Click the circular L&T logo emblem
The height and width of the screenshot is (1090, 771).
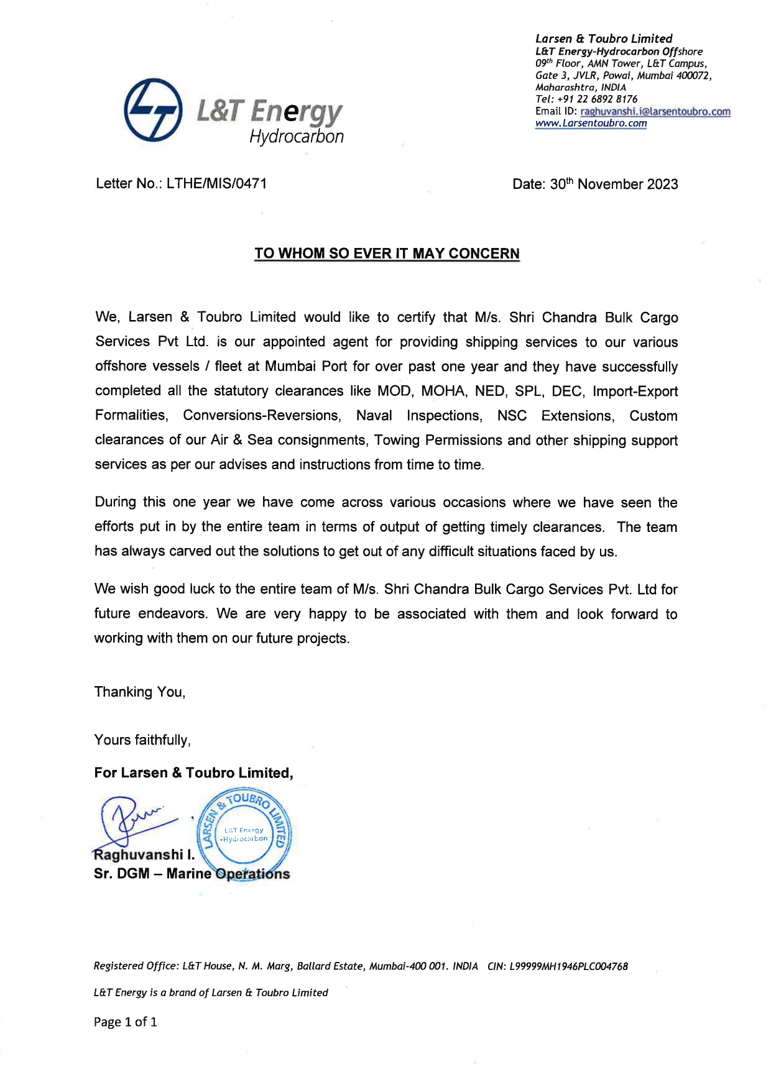153,110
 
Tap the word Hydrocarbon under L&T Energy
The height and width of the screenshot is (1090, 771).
297,137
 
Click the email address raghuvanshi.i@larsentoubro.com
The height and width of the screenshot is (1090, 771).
655,111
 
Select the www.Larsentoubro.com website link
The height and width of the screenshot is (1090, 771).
591,123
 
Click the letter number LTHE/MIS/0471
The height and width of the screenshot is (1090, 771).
216,183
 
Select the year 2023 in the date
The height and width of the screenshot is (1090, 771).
662,184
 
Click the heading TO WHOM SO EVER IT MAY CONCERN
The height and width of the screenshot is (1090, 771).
387,254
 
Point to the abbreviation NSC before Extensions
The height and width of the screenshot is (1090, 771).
512,416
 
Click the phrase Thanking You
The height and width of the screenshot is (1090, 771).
140,692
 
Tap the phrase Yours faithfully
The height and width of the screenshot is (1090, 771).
142,740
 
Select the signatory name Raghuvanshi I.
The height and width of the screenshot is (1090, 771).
144,855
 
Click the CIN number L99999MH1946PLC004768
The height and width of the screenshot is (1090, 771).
568,966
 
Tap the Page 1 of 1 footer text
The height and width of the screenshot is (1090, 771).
126,1022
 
